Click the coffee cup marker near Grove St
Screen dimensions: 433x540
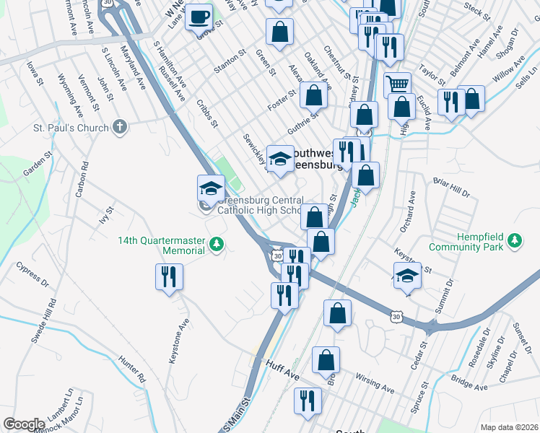199,16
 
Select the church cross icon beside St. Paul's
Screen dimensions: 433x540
120,128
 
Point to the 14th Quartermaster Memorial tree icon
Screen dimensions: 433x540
216,245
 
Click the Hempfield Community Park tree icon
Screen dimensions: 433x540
514,240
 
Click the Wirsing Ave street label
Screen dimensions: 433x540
375,382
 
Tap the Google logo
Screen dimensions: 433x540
24,424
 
